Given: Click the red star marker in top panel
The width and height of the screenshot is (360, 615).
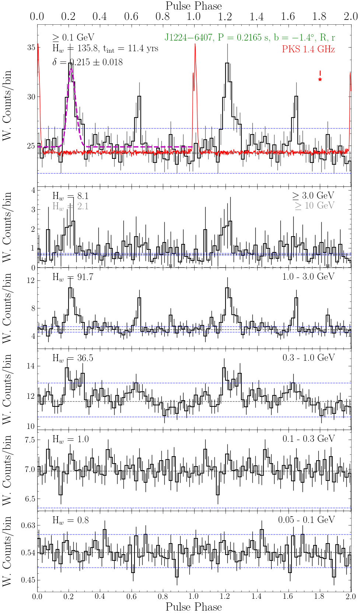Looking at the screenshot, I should point(320,80).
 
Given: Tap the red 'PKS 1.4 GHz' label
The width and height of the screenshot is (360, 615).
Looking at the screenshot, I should point(308,49).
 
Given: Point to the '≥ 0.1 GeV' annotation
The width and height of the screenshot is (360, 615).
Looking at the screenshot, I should point(73,38).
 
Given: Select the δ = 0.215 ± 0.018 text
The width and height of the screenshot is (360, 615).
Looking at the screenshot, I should point(87,62).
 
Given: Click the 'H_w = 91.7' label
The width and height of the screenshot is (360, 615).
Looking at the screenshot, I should point(73,277).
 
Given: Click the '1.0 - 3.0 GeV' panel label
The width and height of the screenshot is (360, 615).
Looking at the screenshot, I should point(308,277).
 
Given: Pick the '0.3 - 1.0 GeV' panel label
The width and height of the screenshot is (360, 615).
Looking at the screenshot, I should point(308,358).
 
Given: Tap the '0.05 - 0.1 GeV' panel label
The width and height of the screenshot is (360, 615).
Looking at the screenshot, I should point(306,520).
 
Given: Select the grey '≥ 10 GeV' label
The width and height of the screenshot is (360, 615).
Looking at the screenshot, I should point(314,206).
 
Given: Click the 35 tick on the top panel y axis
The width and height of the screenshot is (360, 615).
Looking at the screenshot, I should point(31,48).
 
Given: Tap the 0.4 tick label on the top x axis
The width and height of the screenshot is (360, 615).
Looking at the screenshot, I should point(99,17).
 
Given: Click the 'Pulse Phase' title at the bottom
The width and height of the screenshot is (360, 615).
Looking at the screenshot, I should point(194,607).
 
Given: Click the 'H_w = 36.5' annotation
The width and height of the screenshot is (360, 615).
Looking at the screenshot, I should point(73,358).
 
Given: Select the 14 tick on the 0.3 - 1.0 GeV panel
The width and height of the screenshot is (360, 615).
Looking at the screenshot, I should point(31,366).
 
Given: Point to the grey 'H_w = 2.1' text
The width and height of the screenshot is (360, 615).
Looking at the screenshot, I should point(70,206).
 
